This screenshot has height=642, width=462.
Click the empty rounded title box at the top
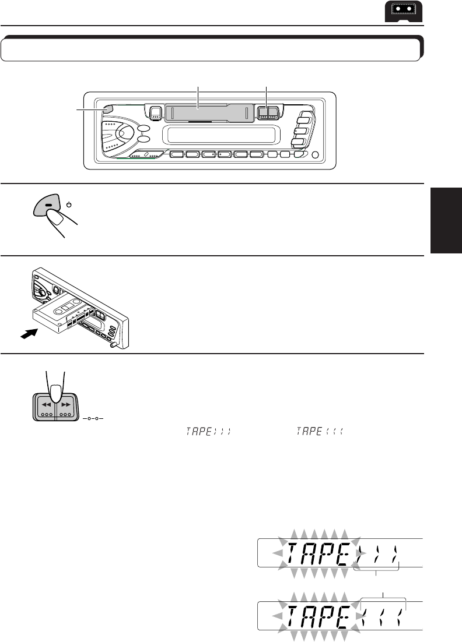[x=211, y=50]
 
